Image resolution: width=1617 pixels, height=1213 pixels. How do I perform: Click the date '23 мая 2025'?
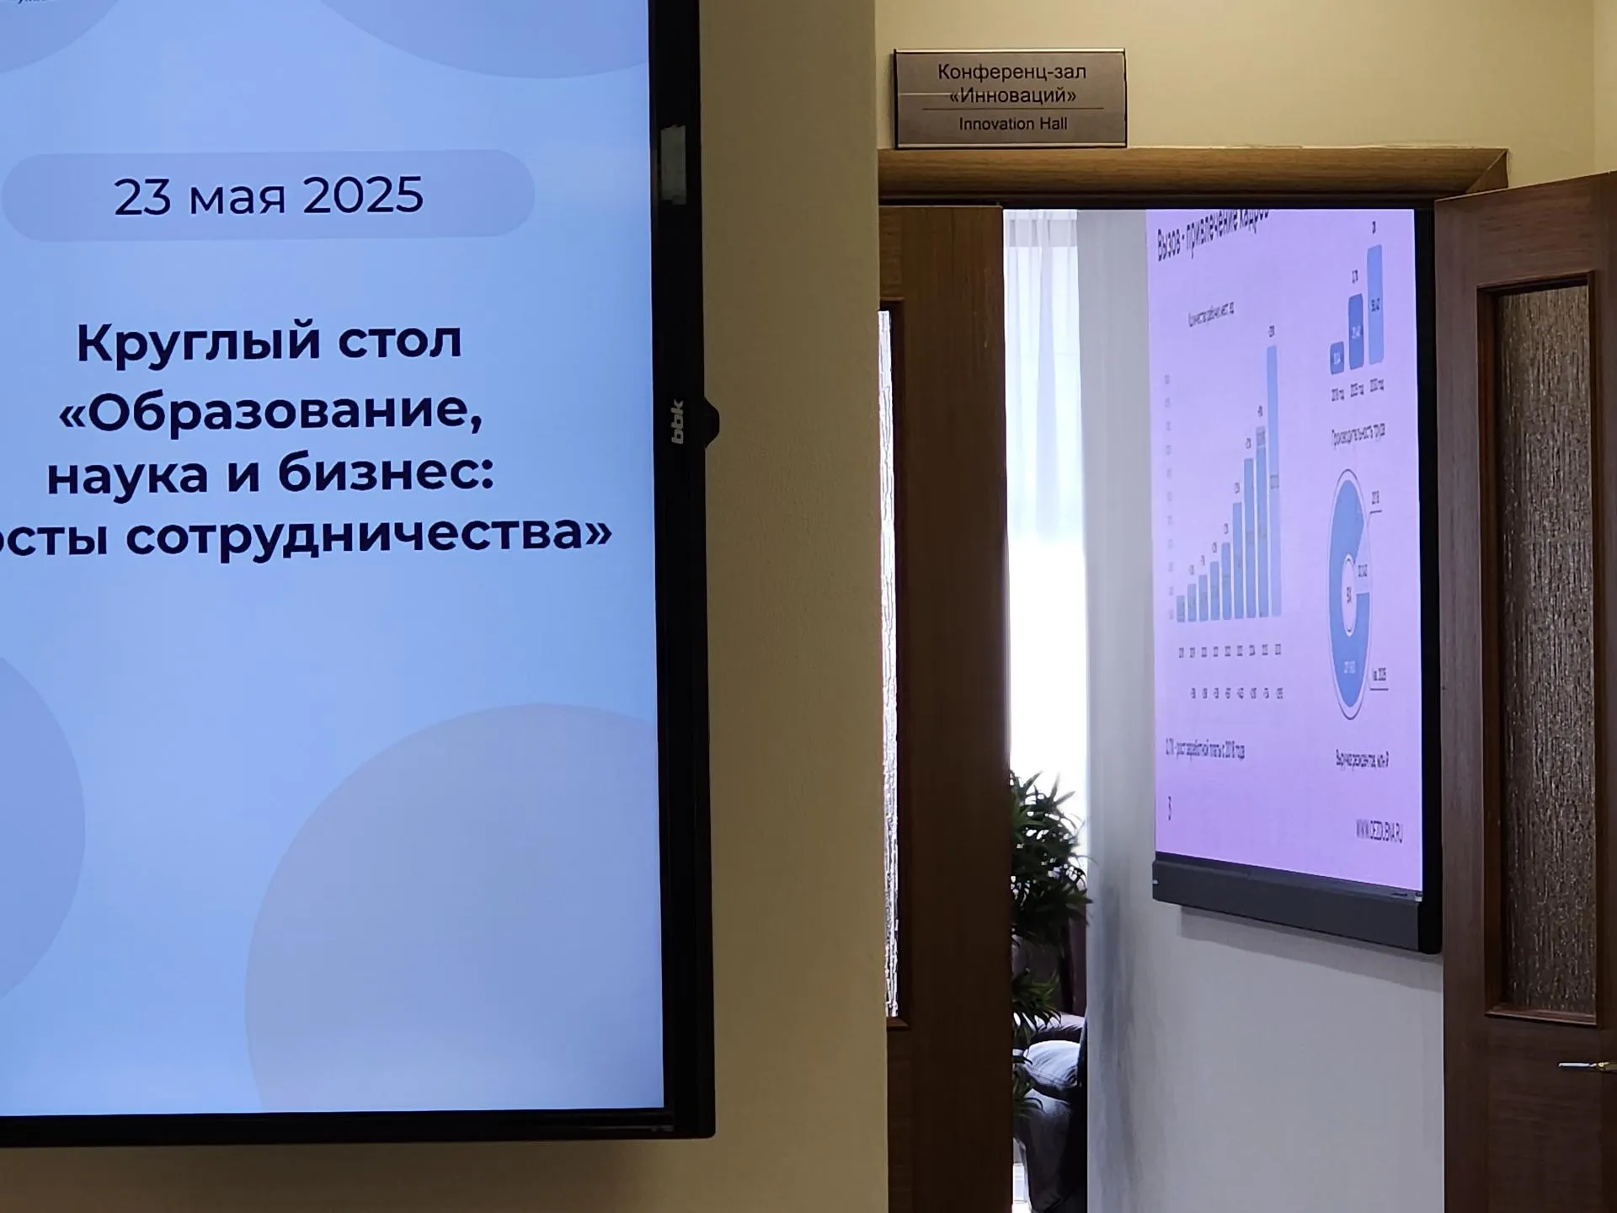268,195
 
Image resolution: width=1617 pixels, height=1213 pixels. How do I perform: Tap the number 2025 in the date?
362,195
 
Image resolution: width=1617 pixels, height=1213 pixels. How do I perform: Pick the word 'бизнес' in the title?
383,473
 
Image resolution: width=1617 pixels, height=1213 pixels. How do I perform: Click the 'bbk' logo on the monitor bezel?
677,421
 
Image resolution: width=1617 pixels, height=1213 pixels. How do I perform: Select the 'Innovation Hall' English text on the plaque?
1012,124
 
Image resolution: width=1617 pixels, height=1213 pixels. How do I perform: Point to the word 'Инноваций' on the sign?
1012,96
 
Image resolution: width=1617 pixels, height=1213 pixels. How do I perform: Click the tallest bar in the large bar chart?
1273,480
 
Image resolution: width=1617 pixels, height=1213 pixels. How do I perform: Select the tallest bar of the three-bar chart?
1374,305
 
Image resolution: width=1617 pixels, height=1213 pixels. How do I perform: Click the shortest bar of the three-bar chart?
1337,357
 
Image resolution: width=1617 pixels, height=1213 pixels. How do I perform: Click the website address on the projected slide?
1379,831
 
